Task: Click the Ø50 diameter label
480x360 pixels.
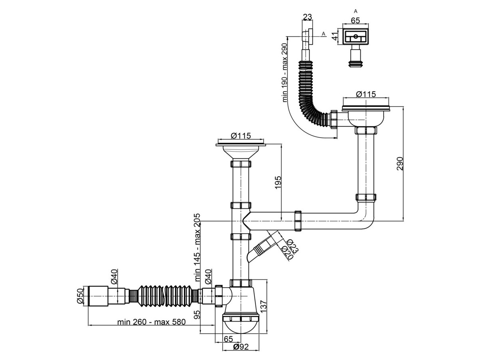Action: [x=80, y=296]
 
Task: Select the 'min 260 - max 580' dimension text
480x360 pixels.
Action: [x=151, y=322]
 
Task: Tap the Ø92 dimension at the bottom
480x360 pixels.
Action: [x=241, y=347]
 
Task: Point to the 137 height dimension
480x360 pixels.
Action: [x=264, y=306]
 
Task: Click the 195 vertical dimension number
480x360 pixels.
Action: [x=278, y=182]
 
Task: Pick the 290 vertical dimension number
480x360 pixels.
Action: [x=400, y=164]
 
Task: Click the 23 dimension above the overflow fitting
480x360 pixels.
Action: [x=307, y=17]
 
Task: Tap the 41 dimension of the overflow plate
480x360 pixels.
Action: [x=334, y=36]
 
